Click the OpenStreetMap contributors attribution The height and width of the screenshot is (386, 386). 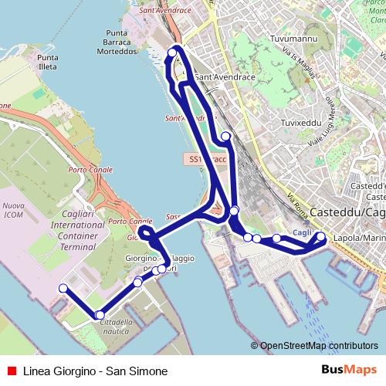pyautogui.click(x=319, y=346)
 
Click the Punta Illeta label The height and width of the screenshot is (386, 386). pyautogui.click(x=47, y=63)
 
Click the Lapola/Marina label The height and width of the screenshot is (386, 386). pyautogui.click(x=359, y=239)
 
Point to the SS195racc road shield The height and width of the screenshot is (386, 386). pyautogui.click(x=205, y=159)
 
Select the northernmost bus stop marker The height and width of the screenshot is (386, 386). pyautogui.click(x=172, y=53)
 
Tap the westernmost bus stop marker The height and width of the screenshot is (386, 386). pyautogui.click(x=63, y=289)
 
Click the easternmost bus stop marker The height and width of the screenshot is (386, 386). pyautogui.click(x=321, y=236)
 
